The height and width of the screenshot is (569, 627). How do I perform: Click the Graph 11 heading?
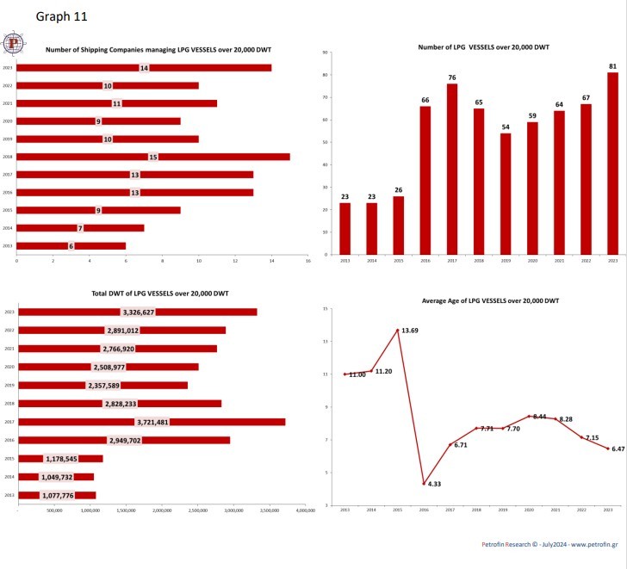pyautogui.click(x=62, y=15)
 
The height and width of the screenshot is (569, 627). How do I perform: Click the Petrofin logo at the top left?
pyautogui.click(x=14, y=42)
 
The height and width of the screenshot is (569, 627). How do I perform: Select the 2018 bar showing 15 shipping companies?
pyautogui.click(x=215, y=157)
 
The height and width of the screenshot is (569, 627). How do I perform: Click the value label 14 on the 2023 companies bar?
pyautogui.click(x=144, y=68)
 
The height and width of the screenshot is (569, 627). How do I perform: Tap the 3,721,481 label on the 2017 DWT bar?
pyautogui.click(x=152, y=422)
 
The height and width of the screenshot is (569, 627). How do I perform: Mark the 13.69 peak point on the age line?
pyautogui.click(x=398, y=330)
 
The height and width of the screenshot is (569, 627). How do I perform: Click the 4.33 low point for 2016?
pyautogui.click(x=425, y=484)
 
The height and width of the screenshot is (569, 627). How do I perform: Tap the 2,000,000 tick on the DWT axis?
pyautogui.click(x=162, y=510)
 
